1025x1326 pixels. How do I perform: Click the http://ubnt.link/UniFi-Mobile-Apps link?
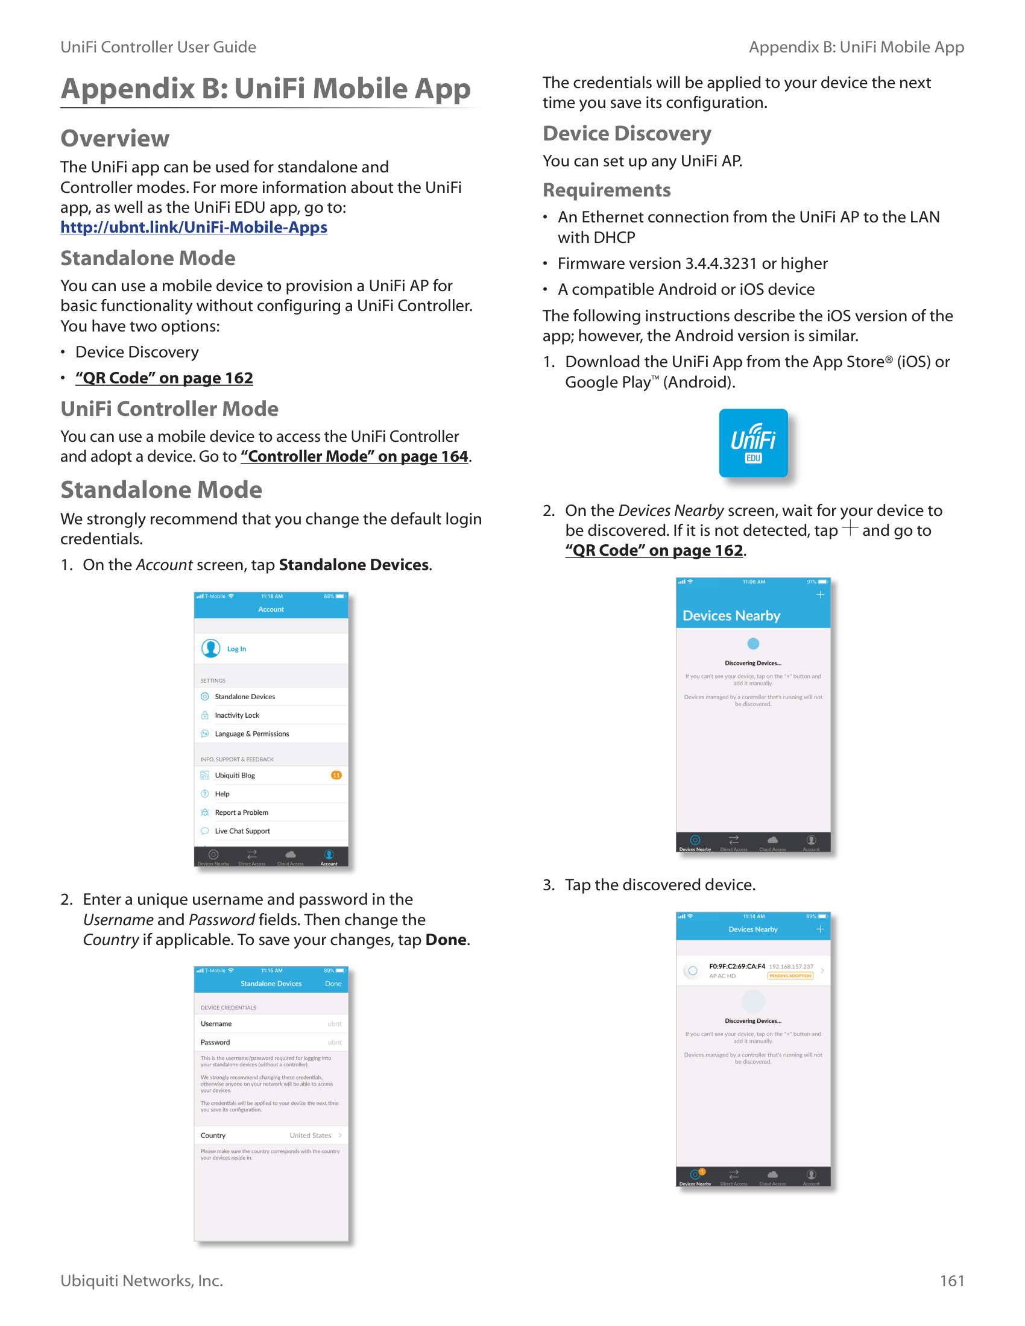pos(194,228)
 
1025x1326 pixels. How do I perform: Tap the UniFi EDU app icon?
pos(753,443)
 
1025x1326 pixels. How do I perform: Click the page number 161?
pos(951,1280)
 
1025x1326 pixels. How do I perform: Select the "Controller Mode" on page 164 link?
pos(355,457)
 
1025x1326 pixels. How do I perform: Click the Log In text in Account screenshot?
pos(237,649)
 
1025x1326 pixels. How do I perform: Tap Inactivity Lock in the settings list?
pos(237,715)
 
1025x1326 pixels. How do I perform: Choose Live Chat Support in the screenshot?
pos(242,831)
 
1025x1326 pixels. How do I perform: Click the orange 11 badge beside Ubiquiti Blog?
pos(336,775)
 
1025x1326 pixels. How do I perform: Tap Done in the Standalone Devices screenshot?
pos(333,984)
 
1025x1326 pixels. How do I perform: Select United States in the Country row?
pos(311,1136)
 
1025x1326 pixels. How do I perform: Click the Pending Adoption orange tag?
pos(790,976)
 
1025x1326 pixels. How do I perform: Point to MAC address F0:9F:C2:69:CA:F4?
pos(737,966)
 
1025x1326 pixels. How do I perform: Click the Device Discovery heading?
pos(626,134)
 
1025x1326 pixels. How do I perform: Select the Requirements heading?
pos(607,190)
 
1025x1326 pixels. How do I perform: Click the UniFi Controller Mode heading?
pos(169,409)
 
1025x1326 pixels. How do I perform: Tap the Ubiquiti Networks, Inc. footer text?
pos(142,1280)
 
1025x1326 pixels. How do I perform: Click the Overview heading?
pos(115,139)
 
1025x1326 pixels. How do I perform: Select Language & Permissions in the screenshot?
pos(252,734)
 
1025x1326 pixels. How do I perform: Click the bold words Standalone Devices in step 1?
pos(354,565)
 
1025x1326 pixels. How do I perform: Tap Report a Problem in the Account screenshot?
pos(242,812)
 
